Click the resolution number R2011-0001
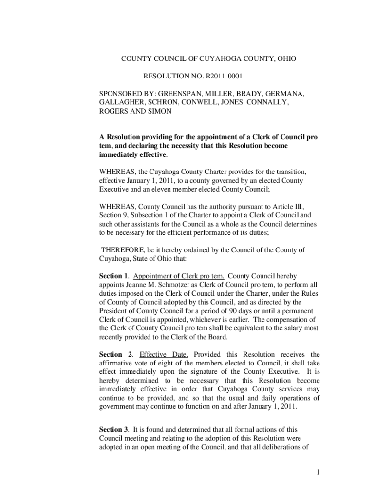pyautogui.click(x=218, y=77)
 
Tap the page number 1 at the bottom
pyautogui.click(x=317, y=472)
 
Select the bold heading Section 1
pyautogui.click(x=113, y=276)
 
